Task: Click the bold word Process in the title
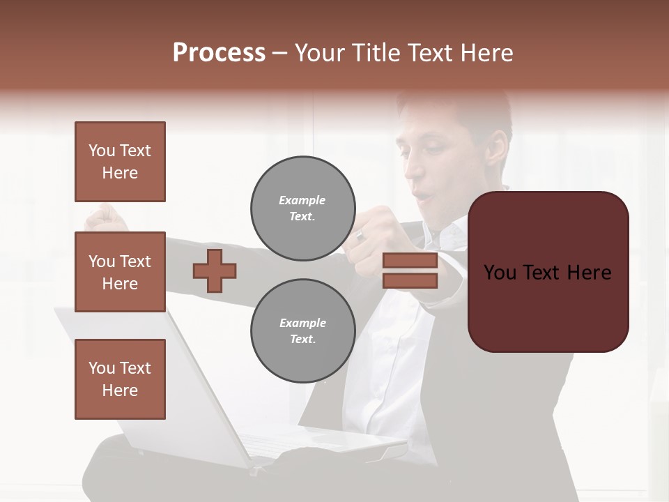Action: pyautogui.click(x=219, y=53)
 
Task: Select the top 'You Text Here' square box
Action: pyautogui.click(x=120, y=162)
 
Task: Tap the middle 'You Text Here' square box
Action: pyautogui.click(x=120, y=272)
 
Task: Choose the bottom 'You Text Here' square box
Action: pyautogui.click(x=120, y=379)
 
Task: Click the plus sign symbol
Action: pyautogui.click(x=215, y=271)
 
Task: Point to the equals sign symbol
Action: pyautogui.click(x=410, y=271)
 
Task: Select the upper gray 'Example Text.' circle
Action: pyautogui.click(x=302, y=208)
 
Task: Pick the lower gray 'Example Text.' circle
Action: pyautogui.click(x=302, y=331)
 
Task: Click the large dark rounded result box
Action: pyautogui.click(x=548, y=272)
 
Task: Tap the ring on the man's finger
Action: pyautogui.click(x=360, y=236)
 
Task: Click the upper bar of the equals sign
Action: pyautogui.click(x=410, y=261)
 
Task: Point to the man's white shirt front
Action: pyautogui.click(x=383, y=376)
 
